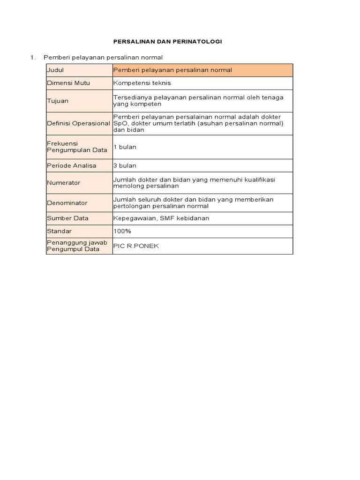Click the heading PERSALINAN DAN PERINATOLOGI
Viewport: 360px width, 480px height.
click(168, 42)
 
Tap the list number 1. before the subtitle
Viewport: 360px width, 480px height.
click(33, 57)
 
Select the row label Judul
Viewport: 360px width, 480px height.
click(55, 70)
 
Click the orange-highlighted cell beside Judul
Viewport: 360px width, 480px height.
click(202, 70)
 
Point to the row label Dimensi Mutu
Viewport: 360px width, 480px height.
click(68, 83)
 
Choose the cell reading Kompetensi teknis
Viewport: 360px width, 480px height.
click(142, 83)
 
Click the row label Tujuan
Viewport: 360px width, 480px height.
click(58, 101)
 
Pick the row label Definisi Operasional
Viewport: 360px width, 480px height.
click(79, 123)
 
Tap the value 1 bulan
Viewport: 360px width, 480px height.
click(125, 147)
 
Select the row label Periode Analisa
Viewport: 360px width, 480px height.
click(71, 165)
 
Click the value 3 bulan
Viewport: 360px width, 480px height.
click(125, 165)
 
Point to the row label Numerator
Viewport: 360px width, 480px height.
click(63, 183)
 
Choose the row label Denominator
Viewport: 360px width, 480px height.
click(67, 203)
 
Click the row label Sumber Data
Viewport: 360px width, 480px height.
click(67, 218)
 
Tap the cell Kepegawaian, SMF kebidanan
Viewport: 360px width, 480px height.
click(161, 218)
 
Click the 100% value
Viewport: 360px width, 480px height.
click(122, 231)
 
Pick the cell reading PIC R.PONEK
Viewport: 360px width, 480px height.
click(136, 246)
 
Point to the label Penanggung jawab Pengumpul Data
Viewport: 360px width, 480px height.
click(77, 246)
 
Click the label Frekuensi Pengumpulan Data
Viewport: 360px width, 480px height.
click(77, 147)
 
